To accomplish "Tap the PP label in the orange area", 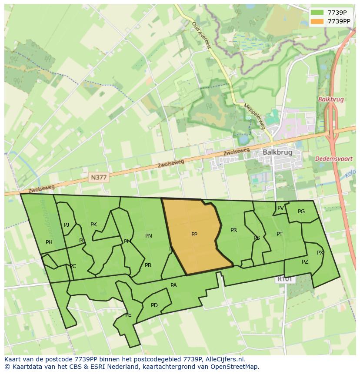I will [x=194, y=235].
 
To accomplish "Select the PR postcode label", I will [x=233, y=230].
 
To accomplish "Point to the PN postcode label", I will [x=149, y=236].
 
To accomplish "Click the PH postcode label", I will [x=49, y=242].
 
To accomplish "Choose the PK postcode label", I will [x=93, y=225].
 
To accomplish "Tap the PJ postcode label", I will [x=67, y=225].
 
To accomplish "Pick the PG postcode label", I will [x=301, y=212].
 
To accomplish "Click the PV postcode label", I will [x=280, y=208].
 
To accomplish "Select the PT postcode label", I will [x=280, y=234].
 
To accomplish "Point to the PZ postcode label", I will [x=305, y=262].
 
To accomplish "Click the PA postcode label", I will [x=173, y=285].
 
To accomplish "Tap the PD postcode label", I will [x=154, y=305].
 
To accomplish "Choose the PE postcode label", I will [x=128, y=315].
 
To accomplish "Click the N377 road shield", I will [x=98, y=177].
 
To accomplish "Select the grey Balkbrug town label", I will [x=277, y=152].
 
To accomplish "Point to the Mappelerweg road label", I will [x=254, y=116].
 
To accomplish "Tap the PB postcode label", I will [x=148, y=265].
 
